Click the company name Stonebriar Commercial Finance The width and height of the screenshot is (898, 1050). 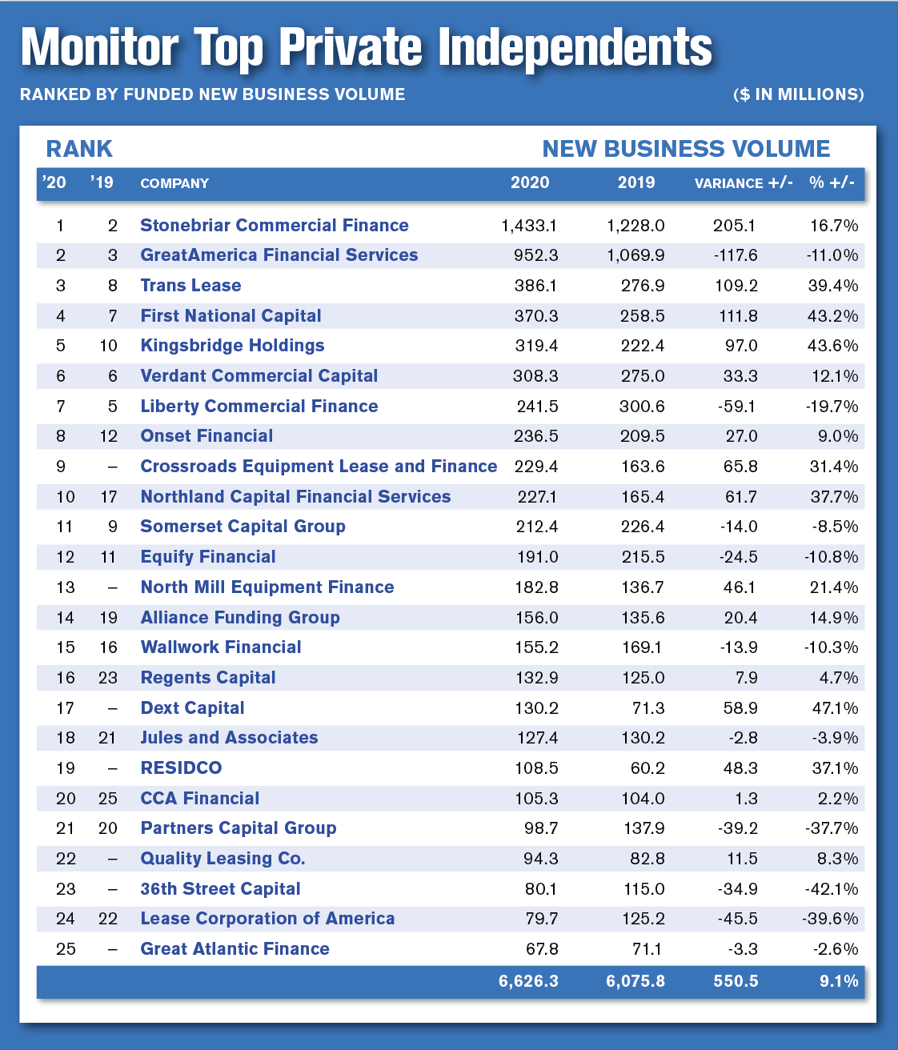coord(275,225)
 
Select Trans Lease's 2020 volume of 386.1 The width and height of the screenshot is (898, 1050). coord(536,286)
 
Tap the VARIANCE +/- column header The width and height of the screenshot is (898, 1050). coord(744,183)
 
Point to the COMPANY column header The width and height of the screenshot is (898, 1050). coord(174,183)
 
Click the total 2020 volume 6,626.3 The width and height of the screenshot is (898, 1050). coord(528,980)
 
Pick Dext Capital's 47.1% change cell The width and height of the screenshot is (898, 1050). coord(835,707)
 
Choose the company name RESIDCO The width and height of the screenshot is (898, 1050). coord(182,767)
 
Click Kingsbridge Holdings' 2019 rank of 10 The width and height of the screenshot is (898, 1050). coord(109,346)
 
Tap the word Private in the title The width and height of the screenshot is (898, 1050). coord(351,47)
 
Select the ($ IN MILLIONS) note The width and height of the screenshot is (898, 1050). coord(799,94)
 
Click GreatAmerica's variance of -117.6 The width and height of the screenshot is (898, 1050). coord(736,255)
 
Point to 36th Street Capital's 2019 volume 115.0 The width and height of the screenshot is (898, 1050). coord(643,889)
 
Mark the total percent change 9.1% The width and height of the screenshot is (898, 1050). coord(839,980)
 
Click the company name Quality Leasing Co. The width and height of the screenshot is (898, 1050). coord(223,859)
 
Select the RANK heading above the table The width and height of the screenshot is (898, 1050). coord(79,149)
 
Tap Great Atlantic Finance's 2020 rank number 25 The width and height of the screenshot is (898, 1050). coord(66,949)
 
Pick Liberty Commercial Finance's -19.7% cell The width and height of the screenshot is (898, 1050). coord(832,407)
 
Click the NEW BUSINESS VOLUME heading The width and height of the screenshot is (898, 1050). coord(686,149)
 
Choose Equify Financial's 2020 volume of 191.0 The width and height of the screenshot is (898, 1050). coord(538,557)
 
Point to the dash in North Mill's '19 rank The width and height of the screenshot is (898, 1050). coord(113,587)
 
